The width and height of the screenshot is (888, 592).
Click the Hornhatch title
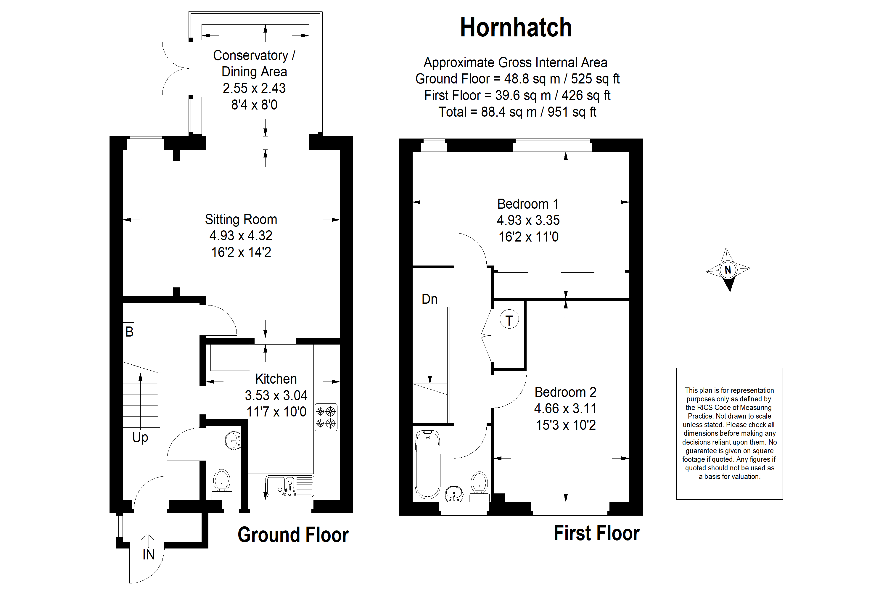pos(516,28)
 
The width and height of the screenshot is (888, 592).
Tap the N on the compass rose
pos(728,270)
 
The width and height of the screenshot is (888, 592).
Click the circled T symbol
pos(509,319)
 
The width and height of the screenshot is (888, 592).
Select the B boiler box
pos(129,331)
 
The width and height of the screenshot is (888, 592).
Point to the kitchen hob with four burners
pos(326,417)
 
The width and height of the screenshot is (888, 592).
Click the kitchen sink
pos(289,486)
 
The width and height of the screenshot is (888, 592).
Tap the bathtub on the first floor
pos(428,465)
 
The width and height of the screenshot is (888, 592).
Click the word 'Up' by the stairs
pos(140,437)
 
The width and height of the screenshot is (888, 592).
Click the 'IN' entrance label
pos(148,555)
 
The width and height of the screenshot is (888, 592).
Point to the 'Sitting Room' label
pos(241,219)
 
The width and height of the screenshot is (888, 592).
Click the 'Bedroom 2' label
pos(565,392)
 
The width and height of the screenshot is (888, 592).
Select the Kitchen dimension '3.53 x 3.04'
pos(276,395)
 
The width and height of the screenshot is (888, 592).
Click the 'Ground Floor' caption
pos(293,535)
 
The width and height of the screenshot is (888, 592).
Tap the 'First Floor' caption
pos(596,533)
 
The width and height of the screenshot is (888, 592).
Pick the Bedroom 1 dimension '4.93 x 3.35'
pos(528,220)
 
